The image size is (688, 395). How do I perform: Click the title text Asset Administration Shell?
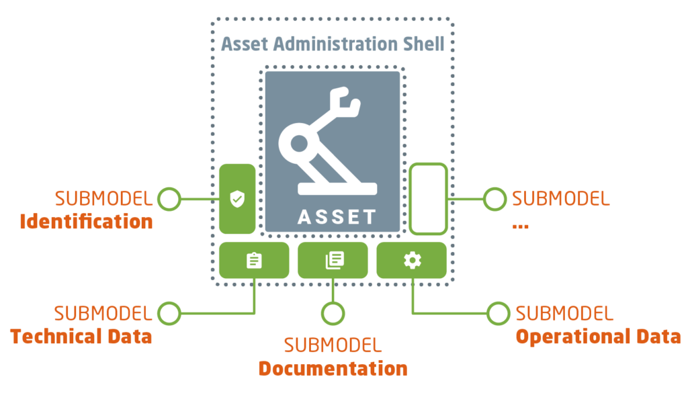pos(333,45)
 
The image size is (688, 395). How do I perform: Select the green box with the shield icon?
pos(236,199)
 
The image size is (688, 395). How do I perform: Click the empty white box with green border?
pos(428,199)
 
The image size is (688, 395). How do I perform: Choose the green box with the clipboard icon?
pos(253,261)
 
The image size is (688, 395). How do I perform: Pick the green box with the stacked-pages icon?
pos(333,261)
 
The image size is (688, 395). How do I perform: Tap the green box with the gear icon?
pos(412,261)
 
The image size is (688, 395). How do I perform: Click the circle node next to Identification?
pos(169,199)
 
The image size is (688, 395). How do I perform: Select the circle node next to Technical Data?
pos(169,313)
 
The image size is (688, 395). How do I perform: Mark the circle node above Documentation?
pos(333,313)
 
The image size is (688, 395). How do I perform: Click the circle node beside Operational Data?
pos(499,313)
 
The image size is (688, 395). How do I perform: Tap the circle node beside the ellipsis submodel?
pos(495,199)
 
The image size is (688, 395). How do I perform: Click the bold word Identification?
pos(87,222)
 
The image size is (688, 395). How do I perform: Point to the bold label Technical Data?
pos(81,336)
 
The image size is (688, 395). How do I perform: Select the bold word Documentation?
pos(333,369)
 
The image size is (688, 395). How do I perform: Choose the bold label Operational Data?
pos(598,336)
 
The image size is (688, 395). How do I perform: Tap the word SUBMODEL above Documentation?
pos(333,345)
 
